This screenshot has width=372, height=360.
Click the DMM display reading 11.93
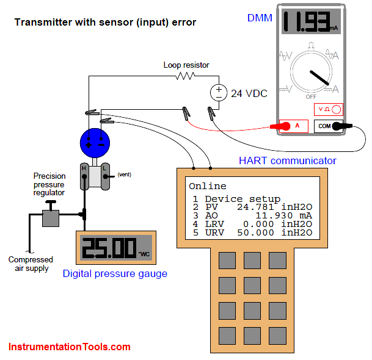click(x=311, y=22)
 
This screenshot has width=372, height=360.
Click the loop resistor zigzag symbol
click(x=184, y=76)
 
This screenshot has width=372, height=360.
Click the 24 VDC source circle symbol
click(x=217, y=93)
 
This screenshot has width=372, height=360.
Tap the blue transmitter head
click(x=95, y=143)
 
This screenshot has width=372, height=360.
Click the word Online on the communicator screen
click(x=207, y=186)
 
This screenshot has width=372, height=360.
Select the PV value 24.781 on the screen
click(x=258, y=207)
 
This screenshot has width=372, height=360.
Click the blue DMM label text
click(x=260, y=18)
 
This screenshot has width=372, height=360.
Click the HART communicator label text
click(x=287, y=160)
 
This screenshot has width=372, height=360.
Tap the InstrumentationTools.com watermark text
click(x=70, y=347)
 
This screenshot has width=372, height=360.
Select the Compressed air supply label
click(x=31, y=264)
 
